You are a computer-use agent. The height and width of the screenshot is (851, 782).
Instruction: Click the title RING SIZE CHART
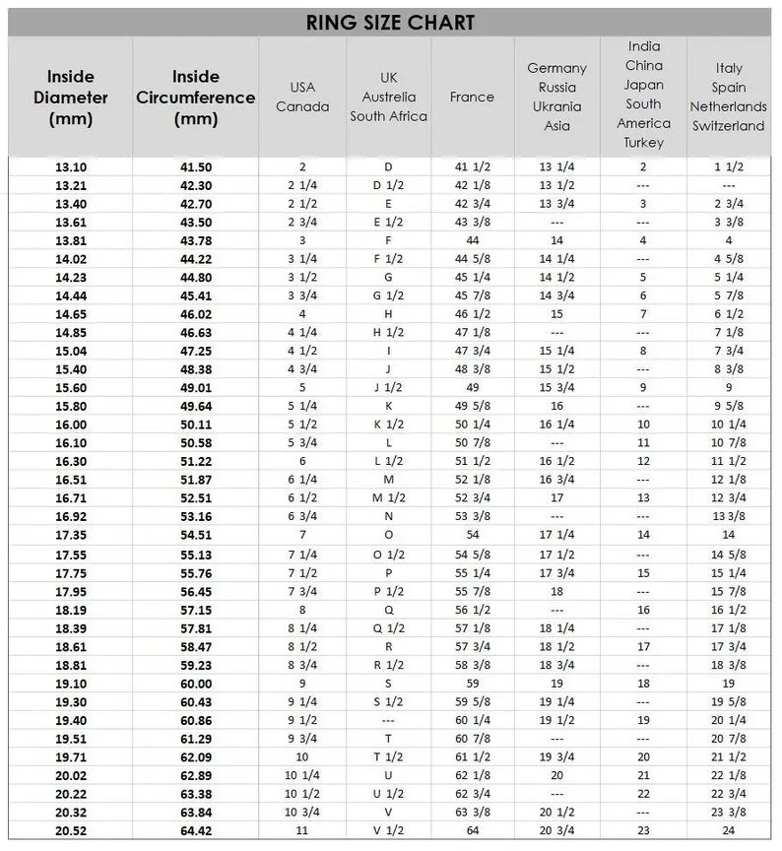coord(391,22)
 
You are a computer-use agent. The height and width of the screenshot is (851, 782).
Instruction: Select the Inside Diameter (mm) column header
coord(70,98)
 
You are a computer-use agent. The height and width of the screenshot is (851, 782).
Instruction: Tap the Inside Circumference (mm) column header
coord(196,98)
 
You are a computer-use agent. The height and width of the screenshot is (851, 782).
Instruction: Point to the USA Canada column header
coord(302,97)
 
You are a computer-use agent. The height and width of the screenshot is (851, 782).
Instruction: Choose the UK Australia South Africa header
coord(388,97)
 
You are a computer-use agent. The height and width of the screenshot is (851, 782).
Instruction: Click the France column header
coord(472,97)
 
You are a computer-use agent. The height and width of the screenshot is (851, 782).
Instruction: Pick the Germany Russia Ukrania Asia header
coord(556,97)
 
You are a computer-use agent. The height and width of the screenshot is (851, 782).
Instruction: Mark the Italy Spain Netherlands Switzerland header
coord(728,97)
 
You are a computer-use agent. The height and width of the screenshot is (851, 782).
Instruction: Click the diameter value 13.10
coord(71,166)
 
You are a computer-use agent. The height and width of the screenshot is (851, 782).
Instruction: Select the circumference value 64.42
coord(196,830)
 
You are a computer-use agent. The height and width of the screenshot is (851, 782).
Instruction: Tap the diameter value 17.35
coord(71,534)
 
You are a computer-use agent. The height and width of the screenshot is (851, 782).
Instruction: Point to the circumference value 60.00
coord(196,683)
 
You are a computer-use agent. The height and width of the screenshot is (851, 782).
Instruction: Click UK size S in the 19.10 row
coord(388,683)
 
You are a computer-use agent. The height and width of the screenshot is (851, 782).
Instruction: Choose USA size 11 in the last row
coord(302,830)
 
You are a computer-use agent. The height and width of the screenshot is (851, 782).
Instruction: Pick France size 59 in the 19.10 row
coord(472,683)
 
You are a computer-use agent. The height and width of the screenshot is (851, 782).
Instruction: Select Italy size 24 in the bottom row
coord(729,830)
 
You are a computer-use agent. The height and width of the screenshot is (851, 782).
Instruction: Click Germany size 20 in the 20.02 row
coord(556,775)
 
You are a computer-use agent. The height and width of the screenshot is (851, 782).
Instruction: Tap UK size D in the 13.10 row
coord(388,166)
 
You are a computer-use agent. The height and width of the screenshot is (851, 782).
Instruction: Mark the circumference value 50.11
coord(196,425)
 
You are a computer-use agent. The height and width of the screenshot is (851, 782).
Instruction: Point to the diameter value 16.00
coord(71,425)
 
